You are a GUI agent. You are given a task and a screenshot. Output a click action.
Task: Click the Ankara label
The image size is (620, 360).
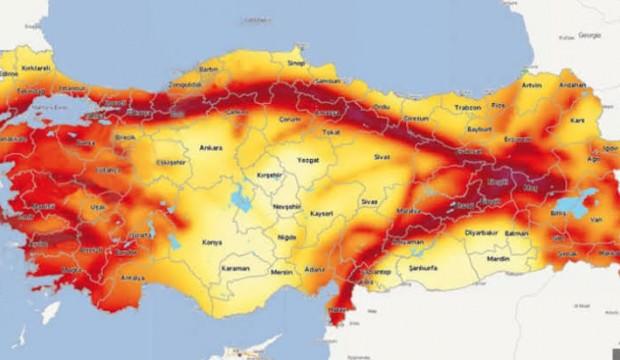pos(211,147)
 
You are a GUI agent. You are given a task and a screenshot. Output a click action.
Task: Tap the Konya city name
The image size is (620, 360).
pos(211,241)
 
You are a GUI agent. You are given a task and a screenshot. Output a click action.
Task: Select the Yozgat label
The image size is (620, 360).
pos(308,159)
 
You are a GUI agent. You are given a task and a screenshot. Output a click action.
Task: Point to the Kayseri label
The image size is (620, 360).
pos(320,214)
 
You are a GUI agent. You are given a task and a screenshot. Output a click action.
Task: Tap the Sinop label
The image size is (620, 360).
pos(295,62)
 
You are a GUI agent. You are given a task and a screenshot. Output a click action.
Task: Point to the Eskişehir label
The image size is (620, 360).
pos(170,162)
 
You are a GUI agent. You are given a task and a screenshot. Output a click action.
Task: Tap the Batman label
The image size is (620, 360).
pos(516,233)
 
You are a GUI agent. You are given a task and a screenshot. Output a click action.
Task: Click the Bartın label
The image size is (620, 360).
pos(208,70)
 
